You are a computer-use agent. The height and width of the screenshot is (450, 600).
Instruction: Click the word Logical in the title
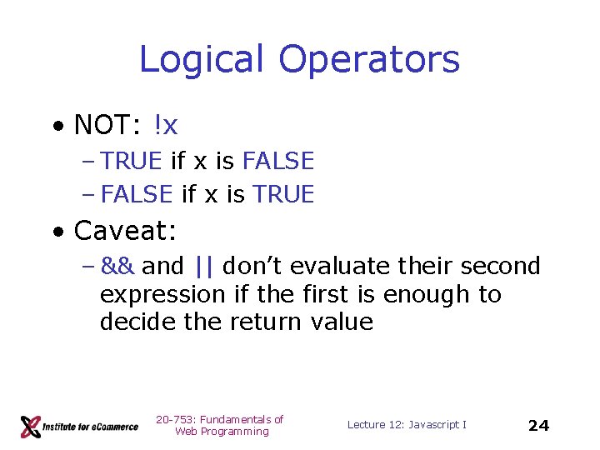pyautogui.click(x=202, y=60)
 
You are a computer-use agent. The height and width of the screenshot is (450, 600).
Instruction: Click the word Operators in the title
pyautogui.click(x=368, y=60)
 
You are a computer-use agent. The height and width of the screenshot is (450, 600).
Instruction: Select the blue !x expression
pyautogui.click(x=165, y=125)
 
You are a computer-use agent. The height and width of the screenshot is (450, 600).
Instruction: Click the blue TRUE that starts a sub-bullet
pyautogui.click(x=131, y=161)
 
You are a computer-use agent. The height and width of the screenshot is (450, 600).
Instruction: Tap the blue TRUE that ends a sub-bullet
pyautogui.click(x=283, y=194)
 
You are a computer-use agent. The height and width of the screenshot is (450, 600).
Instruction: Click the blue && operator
pyautogui.click(x=117, y=266)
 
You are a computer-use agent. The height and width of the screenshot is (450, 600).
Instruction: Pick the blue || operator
pyautogui.click(x=202, y=266)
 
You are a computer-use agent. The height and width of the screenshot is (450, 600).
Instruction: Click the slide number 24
pyautogui.click(x=538, y=426)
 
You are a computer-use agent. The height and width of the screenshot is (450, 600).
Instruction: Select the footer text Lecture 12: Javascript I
pyautogui.click(x=407, y=425)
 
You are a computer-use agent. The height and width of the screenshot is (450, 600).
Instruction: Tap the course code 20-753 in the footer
pyautogui.click(x=172, y=419)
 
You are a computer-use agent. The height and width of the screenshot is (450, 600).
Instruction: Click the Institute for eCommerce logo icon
pyautogui.click(x=31, y=427)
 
